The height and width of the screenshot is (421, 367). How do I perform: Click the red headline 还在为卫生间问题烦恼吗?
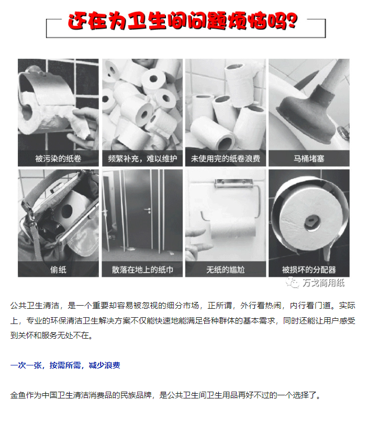coord(183,20)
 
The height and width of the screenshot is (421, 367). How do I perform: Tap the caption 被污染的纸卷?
coord(58,159)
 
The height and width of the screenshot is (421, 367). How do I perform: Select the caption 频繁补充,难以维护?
coord(142,159)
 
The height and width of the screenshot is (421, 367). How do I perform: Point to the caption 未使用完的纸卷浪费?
coord(226,159)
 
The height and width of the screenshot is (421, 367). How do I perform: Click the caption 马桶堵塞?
coord(309,159)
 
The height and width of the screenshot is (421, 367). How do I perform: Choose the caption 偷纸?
coord(58,269)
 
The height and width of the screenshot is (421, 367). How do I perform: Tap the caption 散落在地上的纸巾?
coord(142,269)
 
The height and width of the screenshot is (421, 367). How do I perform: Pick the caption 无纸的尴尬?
coord(226,269)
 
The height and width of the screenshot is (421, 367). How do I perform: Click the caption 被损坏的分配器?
coord(309,269)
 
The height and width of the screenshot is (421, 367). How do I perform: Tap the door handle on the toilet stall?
coord(148,210)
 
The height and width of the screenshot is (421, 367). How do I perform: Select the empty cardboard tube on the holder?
coord(232,228)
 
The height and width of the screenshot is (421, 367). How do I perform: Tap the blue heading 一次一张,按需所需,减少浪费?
coord(65,365)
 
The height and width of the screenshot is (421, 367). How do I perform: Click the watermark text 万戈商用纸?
coord(324,283)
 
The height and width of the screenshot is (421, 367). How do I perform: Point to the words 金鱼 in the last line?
coord(18,395)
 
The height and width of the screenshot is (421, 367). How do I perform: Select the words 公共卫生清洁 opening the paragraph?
coord(35,305)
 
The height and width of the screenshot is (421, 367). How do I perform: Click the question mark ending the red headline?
coord(291,20)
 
